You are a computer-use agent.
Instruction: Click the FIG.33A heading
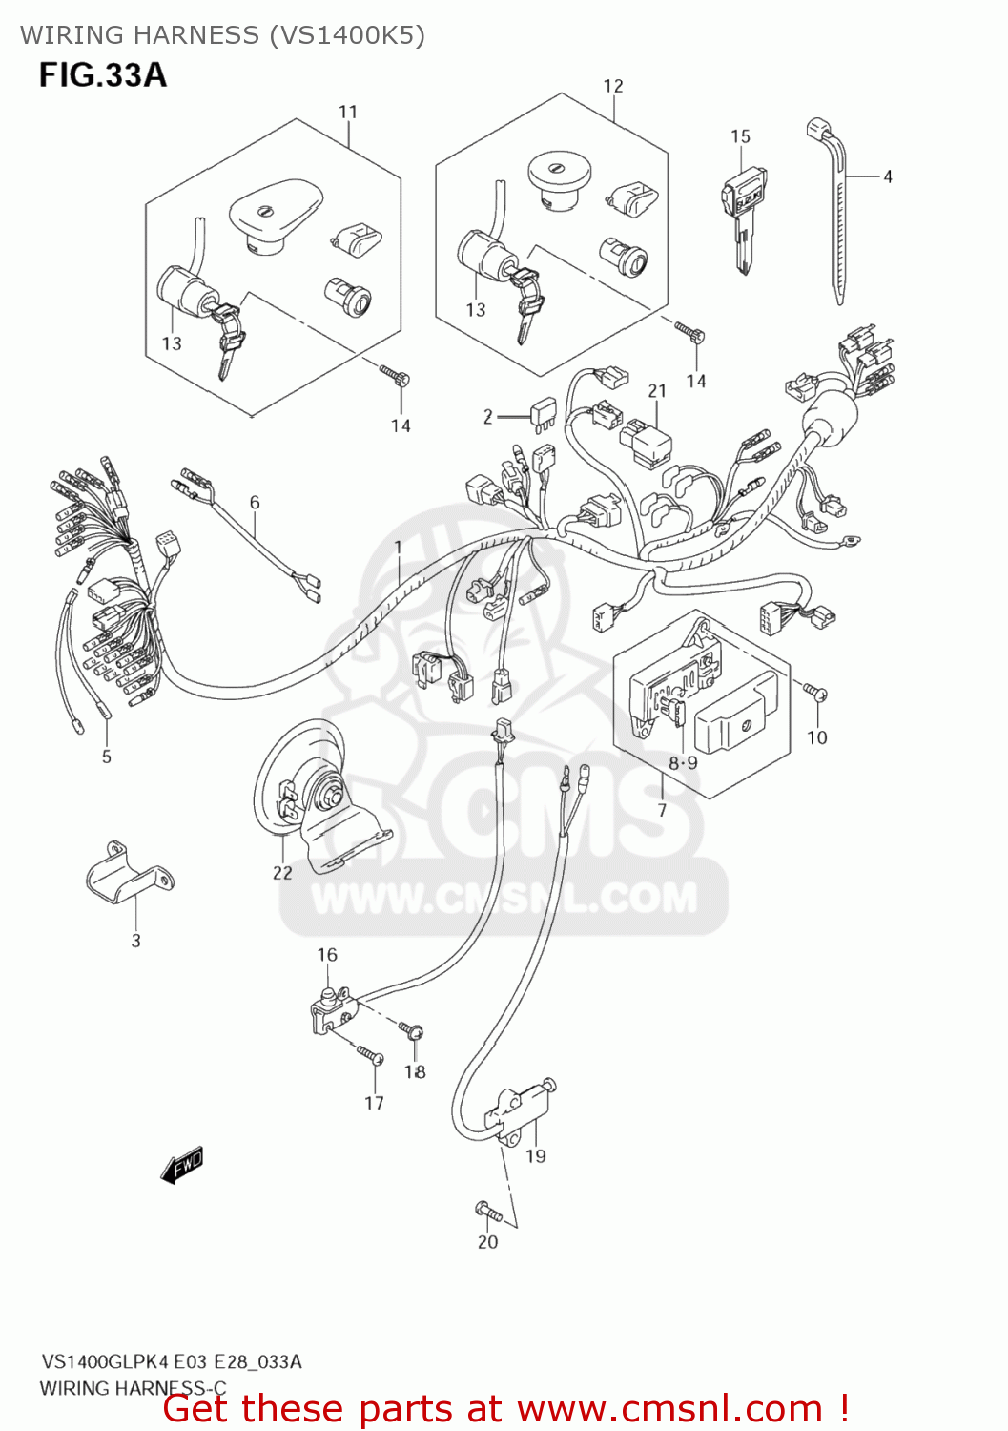[x=102, y=74]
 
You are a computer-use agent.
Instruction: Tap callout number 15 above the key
[x=740, y=136]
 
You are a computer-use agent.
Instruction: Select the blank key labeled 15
[x=742, y=215]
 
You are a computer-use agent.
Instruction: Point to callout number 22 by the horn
[x=282, y=872]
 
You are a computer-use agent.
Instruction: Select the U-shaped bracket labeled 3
[x=130, y=873]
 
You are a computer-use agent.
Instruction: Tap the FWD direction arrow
[x=182, y=1165]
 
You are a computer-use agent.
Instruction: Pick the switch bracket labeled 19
[x=520, y=1111]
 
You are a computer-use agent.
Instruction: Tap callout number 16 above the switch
[x=327, y=954]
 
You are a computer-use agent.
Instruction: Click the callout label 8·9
[x=683, y=762]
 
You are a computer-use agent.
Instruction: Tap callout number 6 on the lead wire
[x=255, y=502]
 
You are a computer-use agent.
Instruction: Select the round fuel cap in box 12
[x=559, y=181]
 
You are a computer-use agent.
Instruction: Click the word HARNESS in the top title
[x=195, y=35]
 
